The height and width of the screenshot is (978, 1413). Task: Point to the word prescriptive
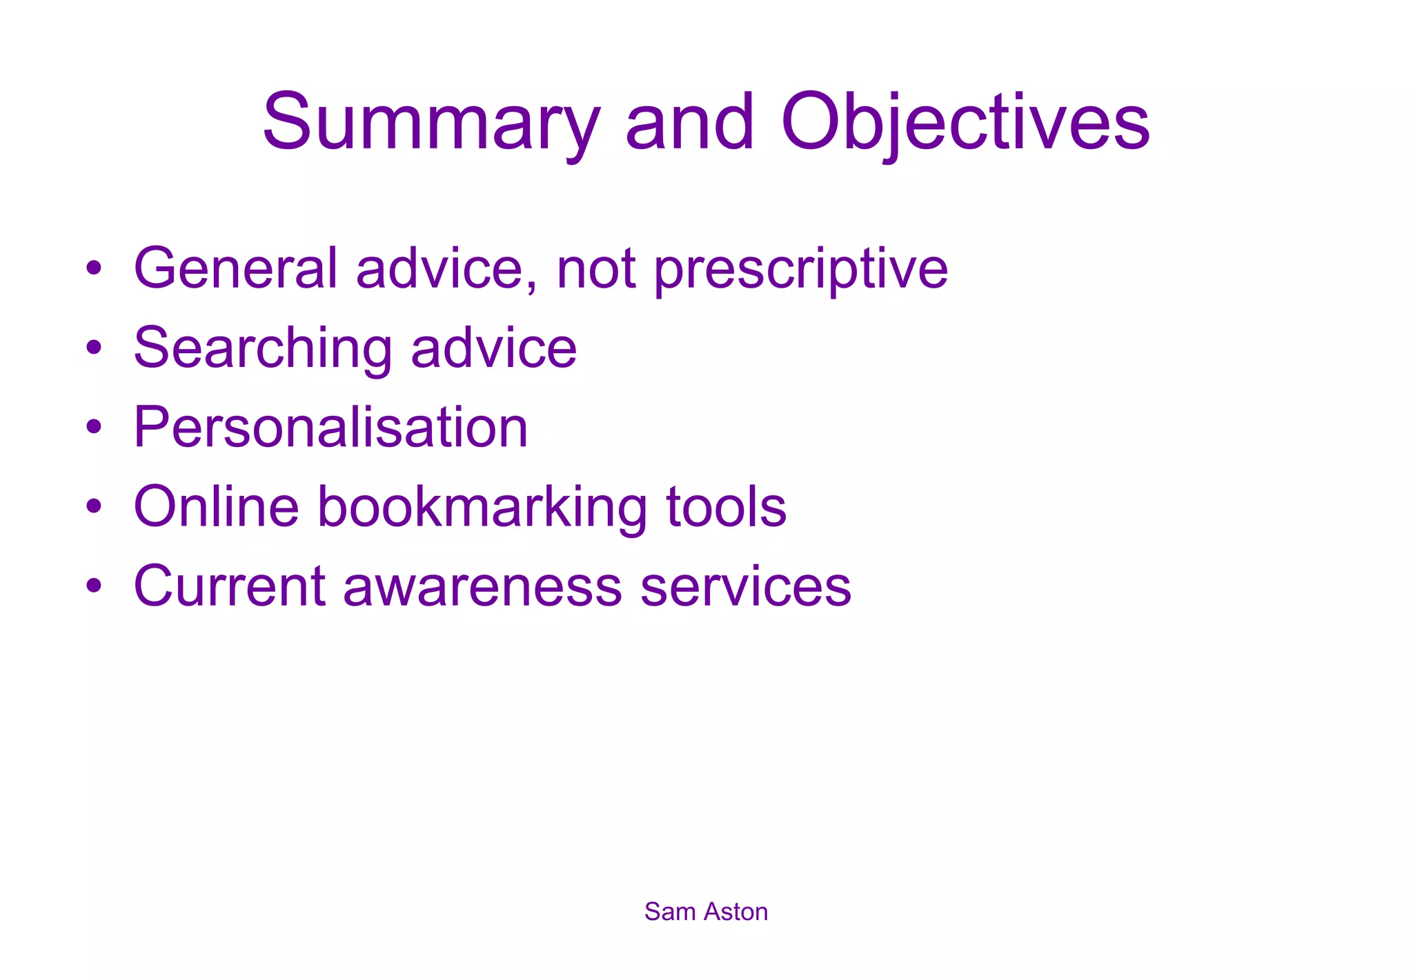click(x=800, y=270)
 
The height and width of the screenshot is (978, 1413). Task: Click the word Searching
click(x=263, y=349)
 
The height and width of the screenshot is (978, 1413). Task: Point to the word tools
click(x=727, y=507)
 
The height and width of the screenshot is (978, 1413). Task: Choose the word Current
click(x=230, y=586)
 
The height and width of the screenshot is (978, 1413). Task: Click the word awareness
click(x=483, y=587)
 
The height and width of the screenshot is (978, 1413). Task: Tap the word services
click(x=746, y=587)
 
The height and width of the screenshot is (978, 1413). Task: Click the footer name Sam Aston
click(x=706, y=912)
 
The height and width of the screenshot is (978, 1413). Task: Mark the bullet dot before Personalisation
click(x=94, y=427)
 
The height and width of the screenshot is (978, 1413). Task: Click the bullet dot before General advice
click(x=94, y=268)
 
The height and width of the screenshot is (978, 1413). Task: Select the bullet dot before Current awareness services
click(x=94, y=586)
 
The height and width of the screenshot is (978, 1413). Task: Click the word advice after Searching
click(x=494, y=348)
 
